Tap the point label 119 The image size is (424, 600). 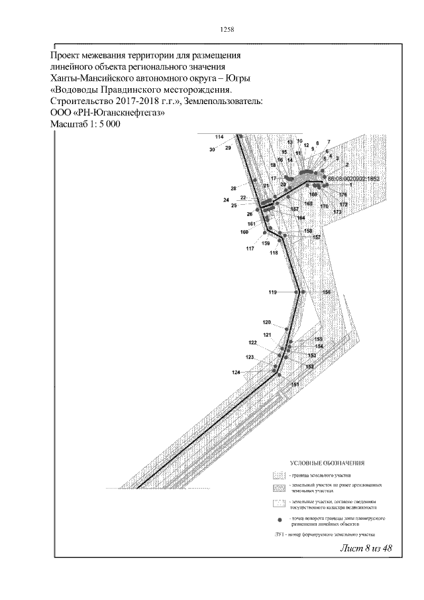[272, 292]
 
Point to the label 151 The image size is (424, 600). [295, 385]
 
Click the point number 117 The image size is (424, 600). [250, 249]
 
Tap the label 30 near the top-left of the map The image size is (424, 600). [213, 150]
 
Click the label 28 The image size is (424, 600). [233, 189]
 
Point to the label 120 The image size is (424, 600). [266, 322]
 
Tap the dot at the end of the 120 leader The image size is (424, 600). [286, 329]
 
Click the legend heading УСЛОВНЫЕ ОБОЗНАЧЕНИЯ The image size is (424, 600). [328, 461]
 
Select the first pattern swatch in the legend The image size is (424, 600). [279, 476]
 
